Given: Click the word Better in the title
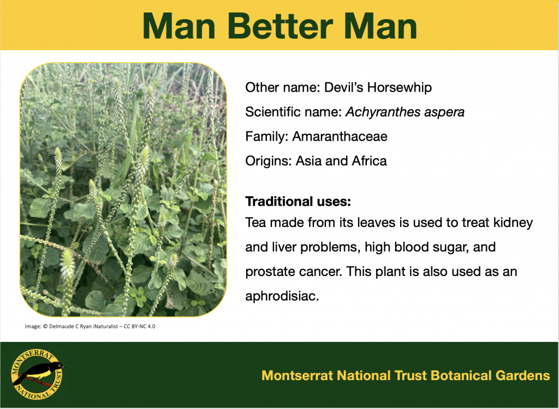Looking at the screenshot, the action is click(x=280, y=26).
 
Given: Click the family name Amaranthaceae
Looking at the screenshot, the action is click(x=340, y=136).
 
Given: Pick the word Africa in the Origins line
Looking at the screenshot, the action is click(x=370, y=161).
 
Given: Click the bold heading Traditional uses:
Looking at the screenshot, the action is click(x=298, y=202).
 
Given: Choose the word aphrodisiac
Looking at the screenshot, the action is click(x=282, y=296).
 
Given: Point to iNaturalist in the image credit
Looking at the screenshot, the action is click(x=105, y=326).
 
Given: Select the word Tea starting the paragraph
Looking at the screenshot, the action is click(x=255, y=223).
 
